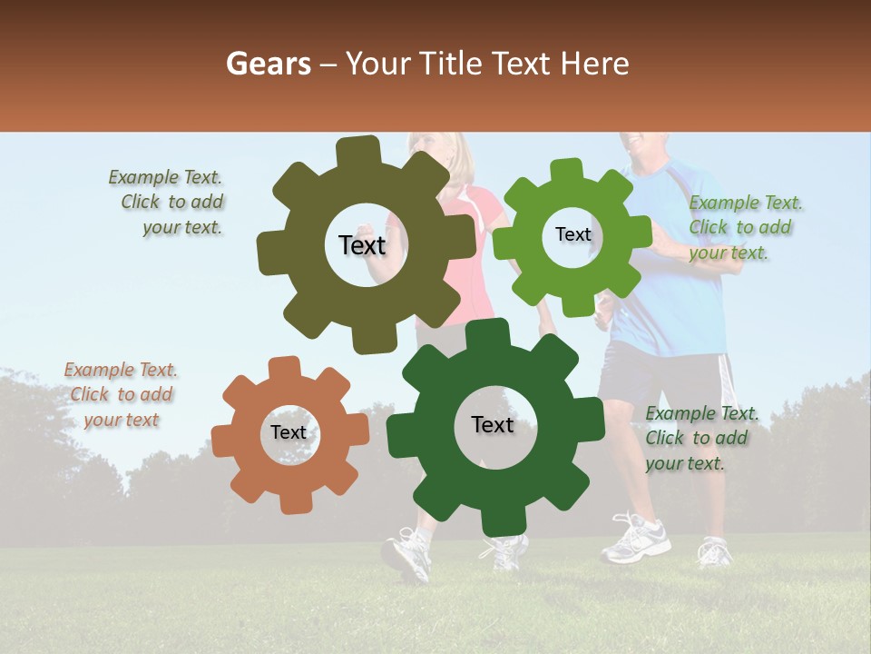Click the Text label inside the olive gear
362,245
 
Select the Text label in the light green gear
573,234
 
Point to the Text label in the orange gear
289,432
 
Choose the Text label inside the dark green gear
492,424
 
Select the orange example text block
120,394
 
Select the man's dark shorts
662,372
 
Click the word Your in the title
379,64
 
